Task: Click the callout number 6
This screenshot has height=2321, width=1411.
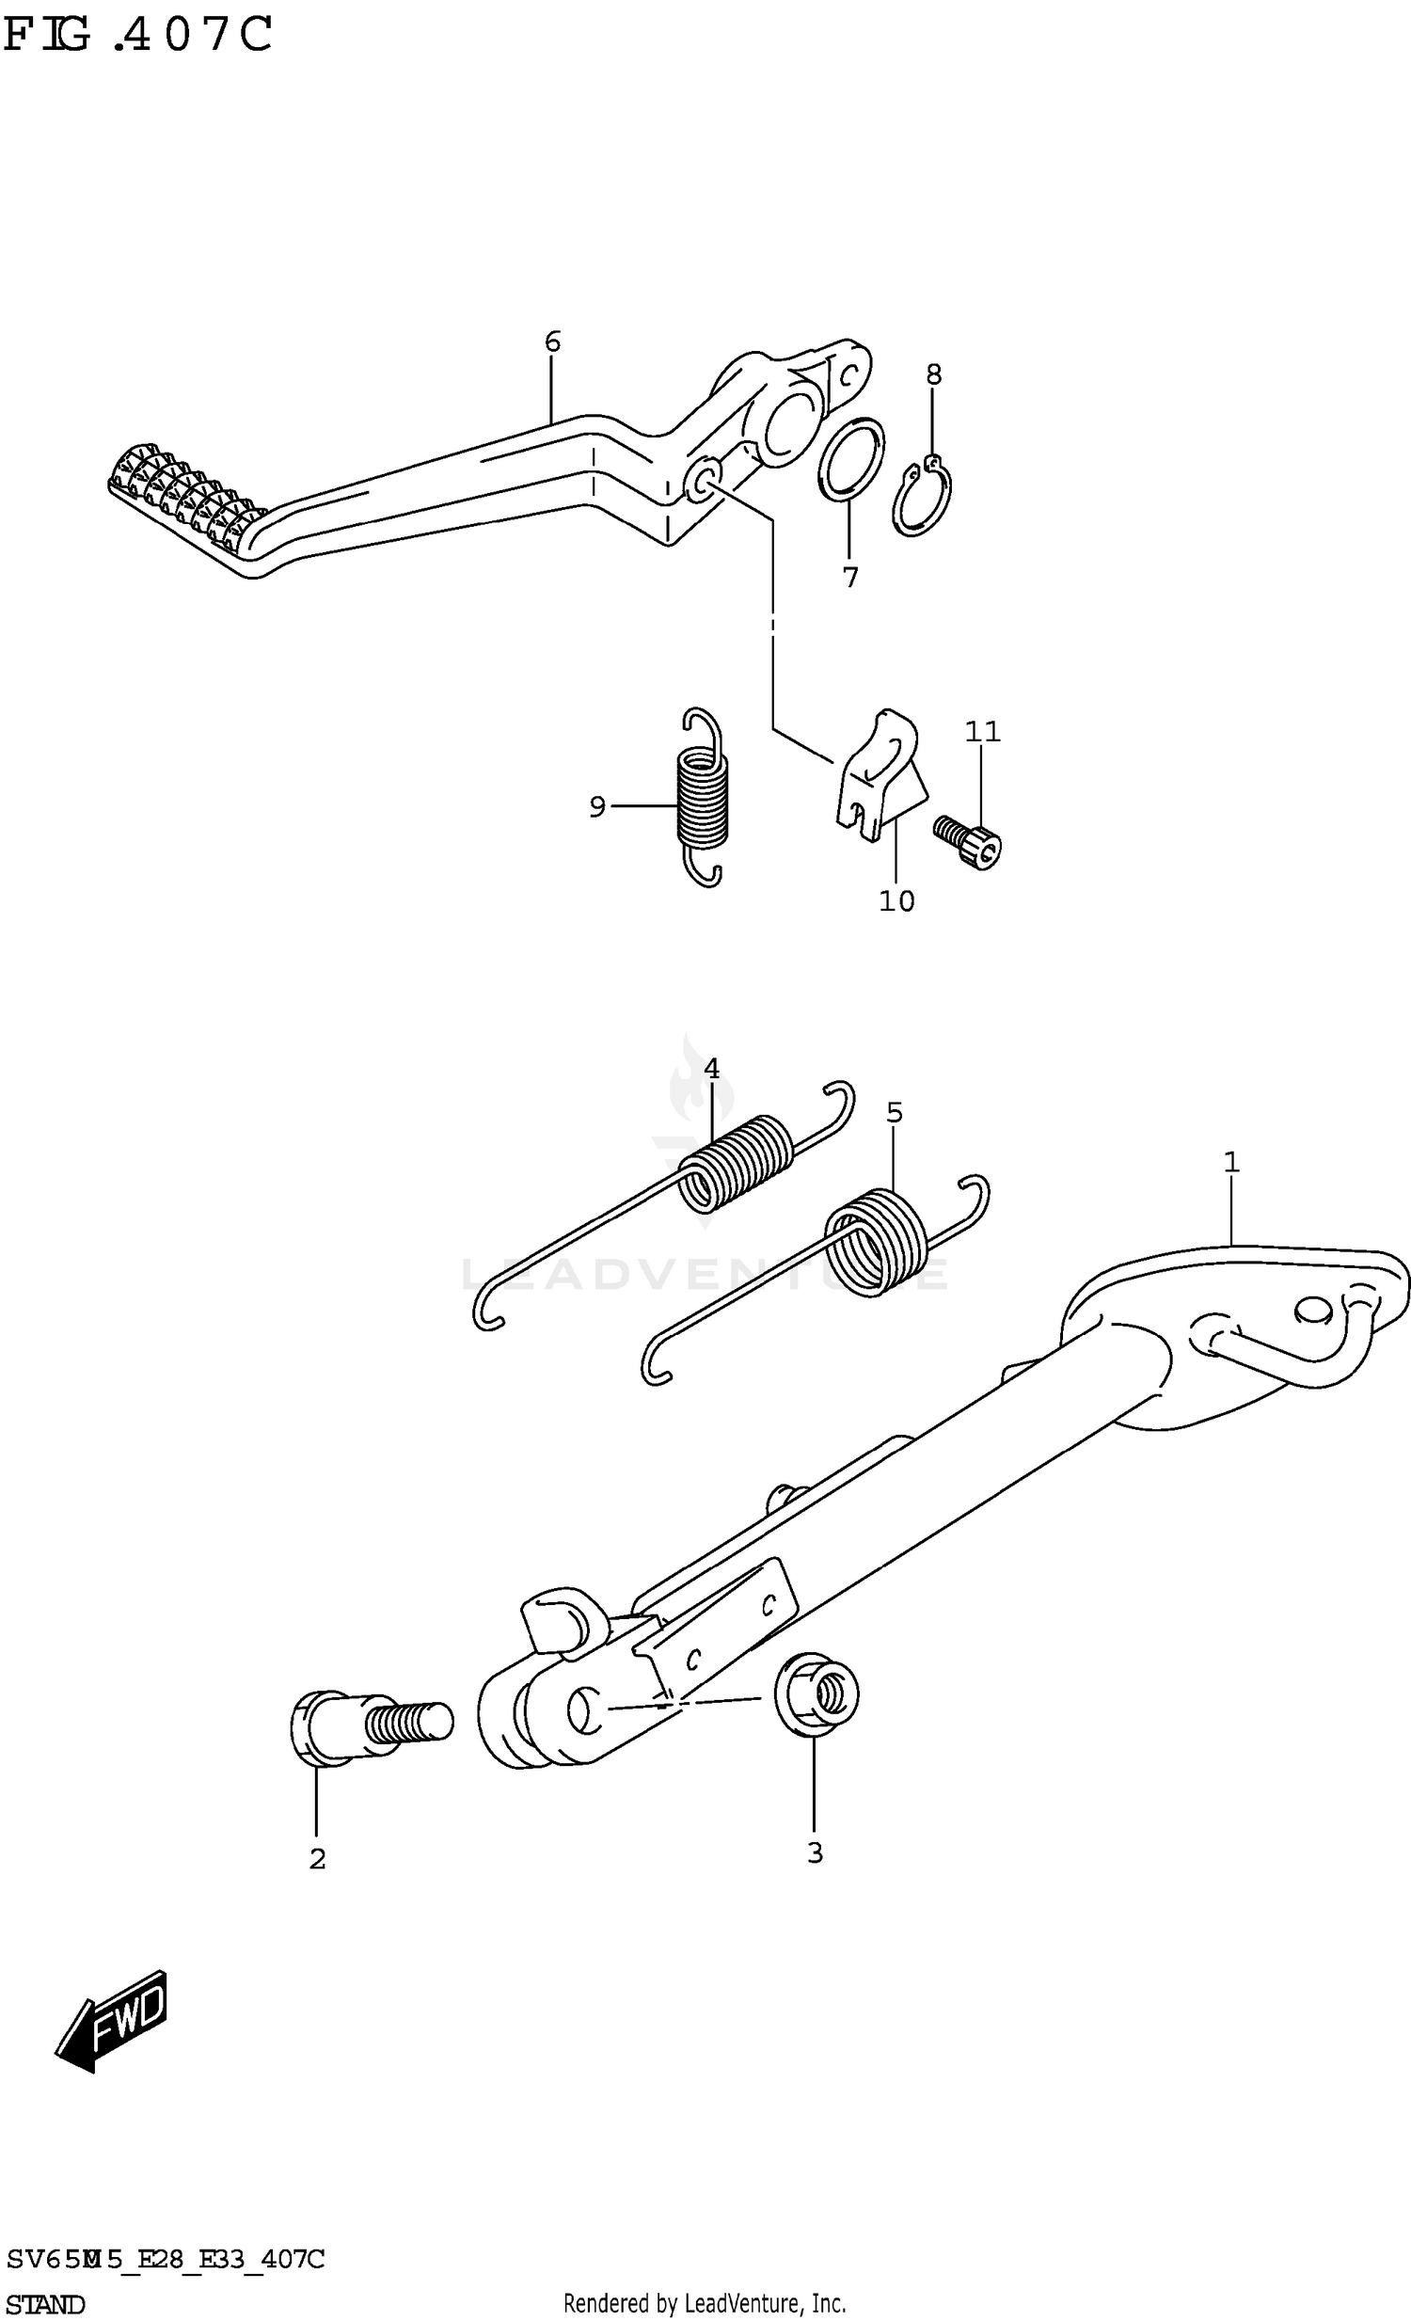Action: (552, 341)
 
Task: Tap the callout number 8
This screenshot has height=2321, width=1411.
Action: (932, 374)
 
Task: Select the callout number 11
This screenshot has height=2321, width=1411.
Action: (981, 731)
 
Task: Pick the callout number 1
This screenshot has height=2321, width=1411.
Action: (1231, 1163)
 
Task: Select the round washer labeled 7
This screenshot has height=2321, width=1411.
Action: (850, 463)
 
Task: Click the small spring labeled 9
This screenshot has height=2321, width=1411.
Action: (703, 796)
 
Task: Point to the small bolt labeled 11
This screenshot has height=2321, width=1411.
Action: (968, 840)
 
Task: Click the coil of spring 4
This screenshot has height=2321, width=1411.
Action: (736, 1162)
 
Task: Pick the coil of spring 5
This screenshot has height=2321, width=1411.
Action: (876, 1242)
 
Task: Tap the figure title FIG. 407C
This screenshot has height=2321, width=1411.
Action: (137, 35)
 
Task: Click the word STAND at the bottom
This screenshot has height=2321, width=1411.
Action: (45, 2304)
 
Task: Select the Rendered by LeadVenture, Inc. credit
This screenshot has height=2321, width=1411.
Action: (705, 2304)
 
